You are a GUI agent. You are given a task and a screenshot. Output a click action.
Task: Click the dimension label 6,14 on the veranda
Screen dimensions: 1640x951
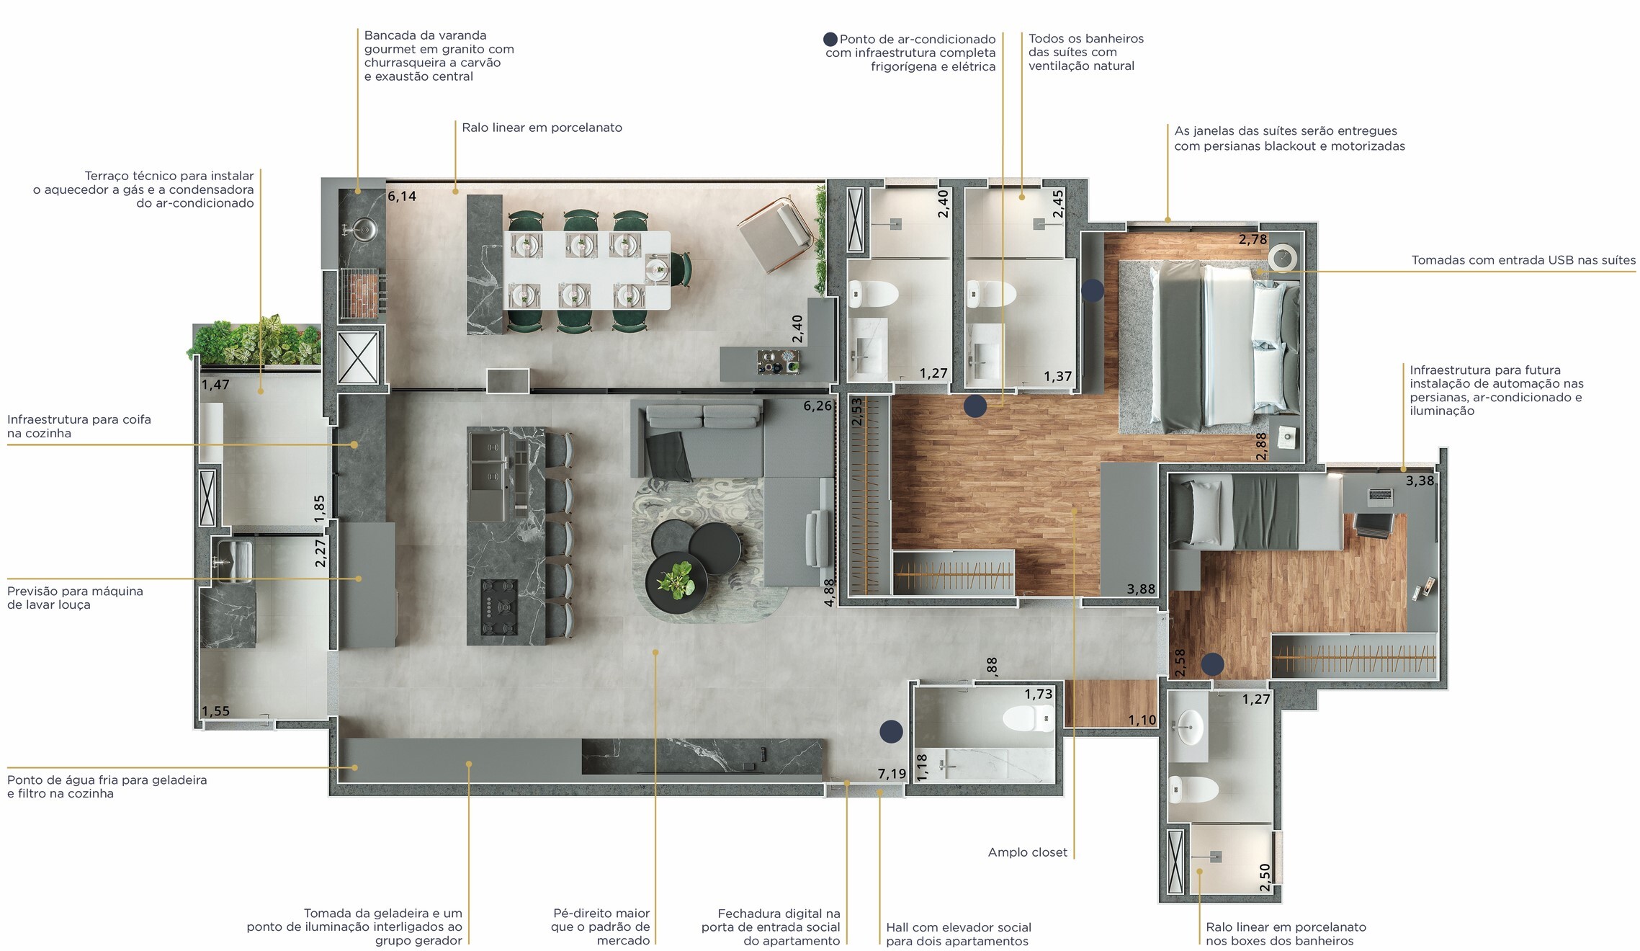(402, 196)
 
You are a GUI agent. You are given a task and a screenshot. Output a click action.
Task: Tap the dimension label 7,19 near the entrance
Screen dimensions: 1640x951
(892, 774)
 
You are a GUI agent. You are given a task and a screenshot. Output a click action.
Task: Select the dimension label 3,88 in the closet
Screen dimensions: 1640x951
(1141, 589)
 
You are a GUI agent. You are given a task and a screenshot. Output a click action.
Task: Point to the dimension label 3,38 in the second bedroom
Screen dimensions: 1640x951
(1420, 481)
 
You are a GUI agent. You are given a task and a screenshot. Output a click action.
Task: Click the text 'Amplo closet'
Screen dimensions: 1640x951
(1027, 852)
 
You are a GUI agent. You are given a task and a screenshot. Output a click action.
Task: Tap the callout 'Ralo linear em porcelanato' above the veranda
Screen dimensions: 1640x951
(542, 128)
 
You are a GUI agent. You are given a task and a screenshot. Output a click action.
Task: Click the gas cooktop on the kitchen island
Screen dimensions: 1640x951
(499, 607)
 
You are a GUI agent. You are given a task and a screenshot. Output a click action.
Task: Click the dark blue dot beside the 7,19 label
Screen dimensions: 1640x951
(891, 731)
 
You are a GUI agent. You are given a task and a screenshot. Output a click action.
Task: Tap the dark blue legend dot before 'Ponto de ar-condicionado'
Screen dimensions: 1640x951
(830, 40)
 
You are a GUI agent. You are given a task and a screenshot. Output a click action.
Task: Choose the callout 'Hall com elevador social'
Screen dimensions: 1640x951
(959, 927)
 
